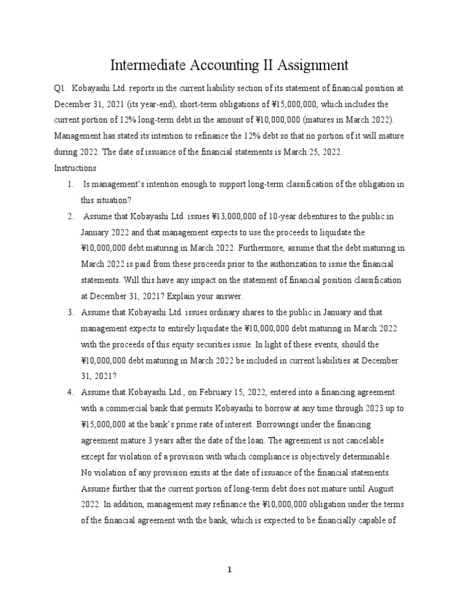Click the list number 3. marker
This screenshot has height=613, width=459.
point(70,312)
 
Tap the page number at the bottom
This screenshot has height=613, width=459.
point(229,570)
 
